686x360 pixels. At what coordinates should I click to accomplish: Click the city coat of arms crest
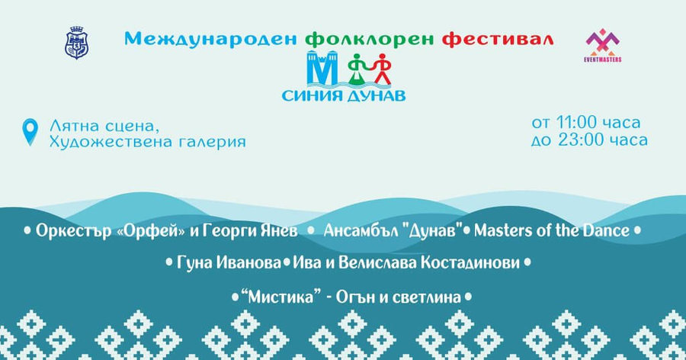(x=76, y=43)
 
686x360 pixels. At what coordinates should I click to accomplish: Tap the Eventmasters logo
(x=602, y=46)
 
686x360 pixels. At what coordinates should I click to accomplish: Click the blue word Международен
(x=211, y=39)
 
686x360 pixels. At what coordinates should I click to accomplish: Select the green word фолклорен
(x=369, y=39)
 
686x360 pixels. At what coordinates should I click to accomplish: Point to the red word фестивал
(x=498, y=39)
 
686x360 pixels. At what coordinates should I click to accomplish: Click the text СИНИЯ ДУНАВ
(x=344, y=95)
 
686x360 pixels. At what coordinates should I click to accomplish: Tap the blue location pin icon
(x=30, y=132)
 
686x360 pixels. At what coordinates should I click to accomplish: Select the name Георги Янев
(x=250, y=231)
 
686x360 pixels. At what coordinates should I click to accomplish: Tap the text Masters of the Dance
(x=552, y=230)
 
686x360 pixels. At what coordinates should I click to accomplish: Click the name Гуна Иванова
(x=229, y=263)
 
